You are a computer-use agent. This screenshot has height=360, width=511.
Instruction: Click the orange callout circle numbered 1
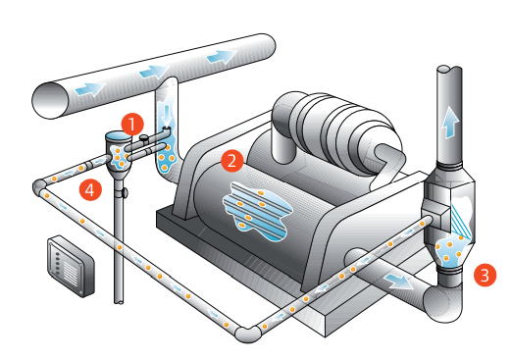tap(135, 125)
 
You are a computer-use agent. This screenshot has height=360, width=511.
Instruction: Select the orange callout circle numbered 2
tap(231, 158)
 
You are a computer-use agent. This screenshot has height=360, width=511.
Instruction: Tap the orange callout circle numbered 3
tap(483, 275)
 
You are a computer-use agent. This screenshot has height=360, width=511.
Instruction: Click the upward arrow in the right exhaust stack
tap(449, 122)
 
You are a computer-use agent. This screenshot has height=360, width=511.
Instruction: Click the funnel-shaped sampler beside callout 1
tap(118, 151)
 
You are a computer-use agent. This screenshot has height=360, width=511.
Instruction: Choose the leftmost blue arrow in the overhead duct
tap(87, 89)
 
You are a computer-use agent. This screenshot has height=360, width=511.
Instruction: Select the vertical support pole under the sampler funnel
tap(121, 245)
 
